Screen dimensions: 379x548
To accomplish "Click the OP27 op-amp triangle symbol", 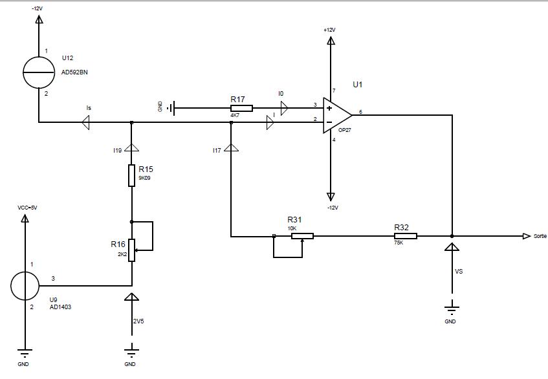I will (337, 114).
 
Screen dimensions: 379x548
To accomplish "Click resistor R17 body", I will (241, 108).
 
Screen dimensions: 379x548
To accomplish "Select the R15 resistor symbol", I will (132, 175).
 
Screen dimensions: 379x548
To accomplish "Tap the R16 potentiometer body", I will (132, 250).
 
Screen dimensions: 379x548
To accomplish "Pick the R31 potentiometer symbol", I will (302, 236).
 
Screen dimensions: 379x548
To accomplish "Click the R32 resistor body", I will (406, 236).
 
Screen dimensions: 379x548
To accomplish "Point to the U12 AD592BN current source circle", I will (39, 72).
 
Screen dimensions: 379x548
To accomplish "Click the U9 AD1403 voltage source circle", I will (25, 285).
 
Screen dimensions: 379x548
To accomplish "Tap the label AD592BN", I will (74, 72).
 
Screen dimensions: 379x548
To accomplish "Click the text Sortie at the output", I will (540, 236).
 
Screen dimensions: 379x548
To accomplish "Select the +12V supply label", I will (330, 30).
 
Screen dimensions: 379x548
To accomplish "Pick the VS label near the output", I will (459, 272).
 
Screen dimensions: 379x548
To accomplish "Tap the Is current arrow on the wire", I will (85, 122).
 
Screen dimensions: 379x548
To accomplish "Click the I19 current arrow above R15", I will (132, 147).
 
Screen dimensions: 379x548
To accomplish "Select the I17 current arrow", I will (231, 148).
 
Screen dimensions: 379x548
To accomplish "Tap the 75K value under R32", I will (398, 244).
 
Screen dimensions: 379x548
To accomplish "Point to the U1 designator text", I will (358, 84).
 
